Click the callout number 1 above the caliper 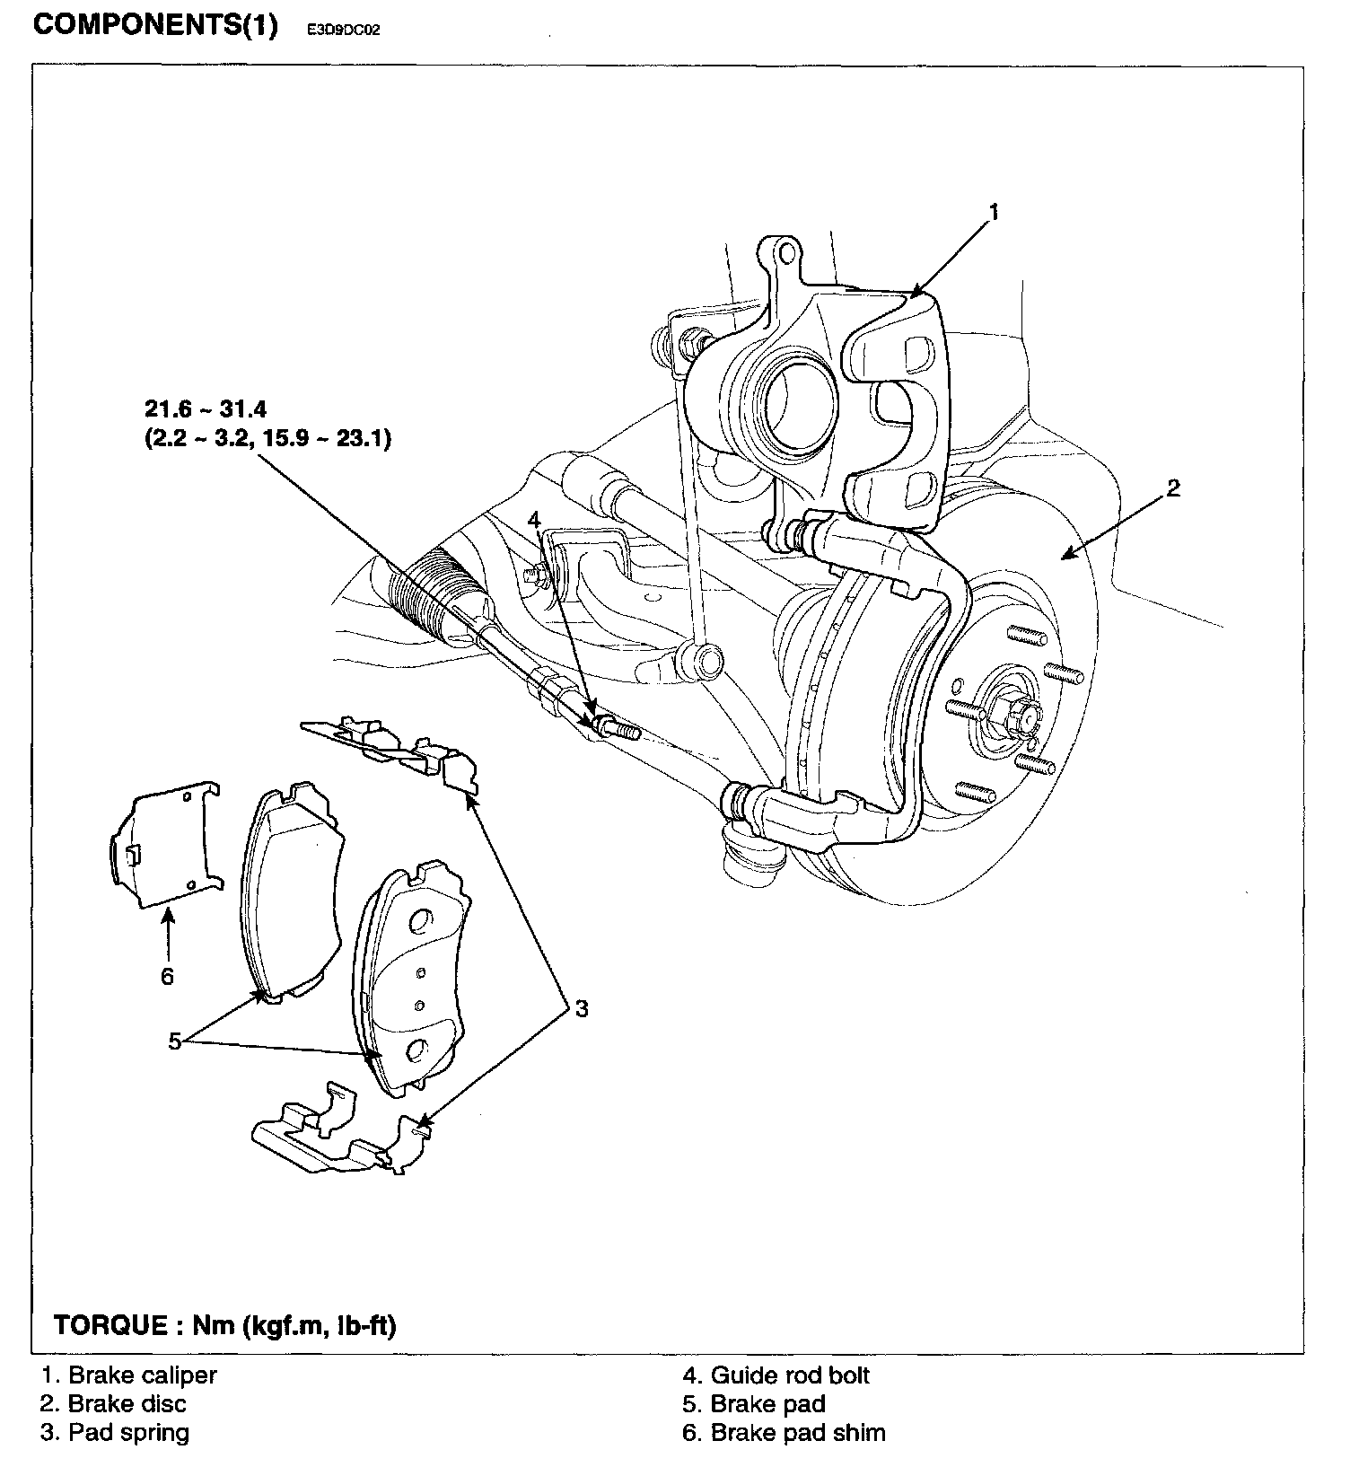click(x=993, y=213)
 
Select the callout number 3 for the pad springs click(x=582, y=1008)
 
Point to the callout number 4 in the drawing click(x=535, y=519)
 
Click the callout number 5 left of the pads click(x=176, y=1041)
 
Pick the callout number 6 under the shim click(x=168, y=976)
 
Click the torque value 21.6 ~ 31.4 click(x=206, y=409)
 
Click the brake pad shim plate click(x=166, y=843)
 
